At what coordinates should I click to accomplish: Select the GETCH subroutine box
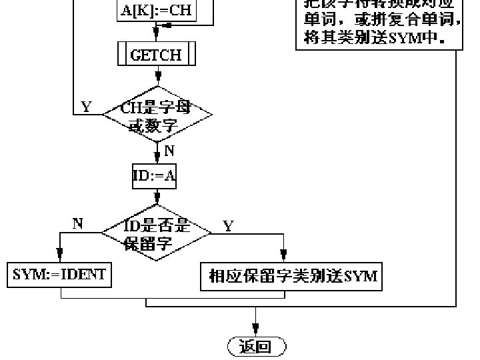pos(157,55)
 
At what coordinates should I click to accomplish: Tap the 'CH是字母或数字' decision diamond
pos(157,115)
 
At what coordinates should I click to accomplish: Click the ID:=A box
pos(156,177)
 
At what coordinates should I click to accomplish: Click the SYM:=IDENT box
pos(60,275)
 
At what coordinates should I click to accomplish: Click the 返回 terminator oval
pos(256,347)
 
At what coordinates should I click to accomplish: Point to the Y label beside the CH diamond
pos(87,107)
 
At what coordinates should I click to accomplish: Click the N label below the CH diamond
pos(169,151)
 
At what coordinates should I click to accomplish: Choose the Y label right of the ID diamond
pos(229,226)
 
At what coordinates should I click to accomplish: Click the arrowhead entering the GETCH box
pos(157,39)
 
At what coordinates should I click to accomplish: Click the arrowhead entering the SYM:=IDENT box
pos(60,259)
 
